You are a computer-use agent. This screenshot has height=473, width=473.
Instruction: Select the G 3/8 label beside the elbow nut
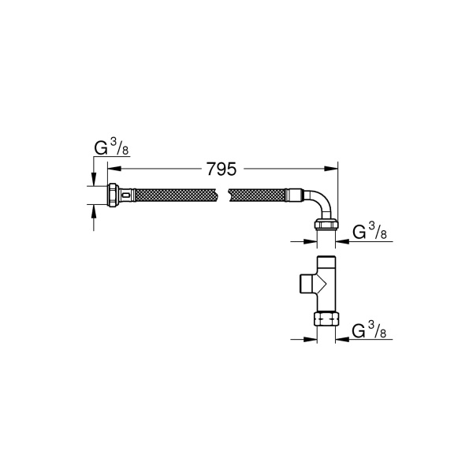click(x=368, y=232)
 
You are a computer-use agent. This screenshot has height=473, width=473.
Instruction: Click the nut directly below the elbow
click(x=326, y=229)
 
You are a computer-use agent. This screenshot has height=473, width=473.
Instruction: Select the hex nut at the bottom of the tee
click(x=326, y=319)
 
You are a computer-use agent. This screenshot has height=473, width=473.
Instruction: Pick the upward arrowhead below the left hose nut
click(x=94, y=210)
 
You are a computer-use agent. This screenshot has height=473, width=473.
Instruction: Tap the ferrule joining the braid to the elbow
click(x=296, y=195)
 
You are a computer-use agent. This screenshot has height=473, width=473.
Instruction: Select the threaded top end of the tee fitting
click(x=326, y=262)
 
